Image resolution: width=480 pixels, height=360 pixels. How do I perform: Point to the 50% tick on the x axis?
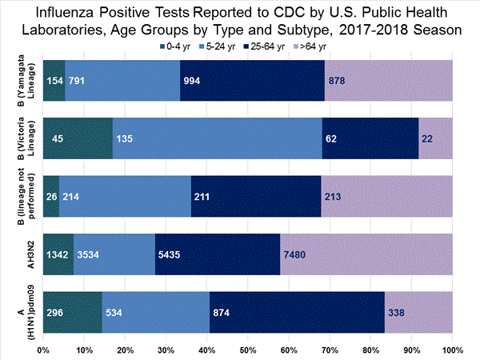tap(248, 350)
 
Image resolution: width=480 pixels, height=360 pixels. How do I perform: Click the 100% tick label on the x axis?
tap(452, 350)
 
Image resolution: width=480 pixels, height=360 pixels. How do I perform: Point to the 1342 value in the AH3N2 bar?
tap(58, 256)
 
